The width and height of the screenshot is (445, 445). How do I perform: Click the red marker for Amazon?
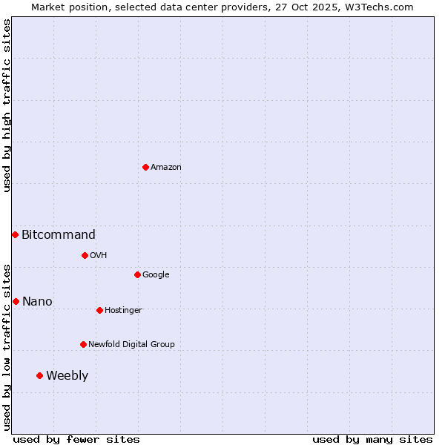[x=145, y=167]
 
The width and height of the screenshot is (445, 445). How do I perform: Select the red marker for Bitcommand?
[x=15, y=234]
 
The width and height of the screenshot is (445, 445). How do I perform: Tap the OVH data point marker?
[x=85, y=255]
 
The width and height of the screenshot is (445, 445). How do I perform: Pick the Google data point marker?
[x=137, y=274]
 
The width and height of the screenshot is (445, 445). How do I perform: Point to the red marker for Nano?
[x=16, y=301]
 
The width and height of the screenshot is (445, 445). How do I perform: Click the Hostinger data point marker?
[x=99, y=310]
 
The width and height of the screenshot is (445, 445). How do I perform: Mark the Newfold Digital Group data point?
[x=83, y=344]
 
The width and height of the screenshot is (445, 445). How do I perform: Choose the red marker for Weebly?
[x=39, y=375]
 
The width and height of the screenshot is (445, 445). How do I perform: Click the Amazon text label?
[x=166, y=168]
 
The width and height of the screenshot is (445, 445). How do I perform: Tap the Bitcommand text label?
[x=59, y=235]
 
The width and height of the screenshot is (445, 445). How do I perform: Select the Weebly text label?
[x=67, y=376]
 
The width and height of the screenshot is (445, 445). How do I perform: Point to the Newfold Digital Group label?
[x=131, y=344]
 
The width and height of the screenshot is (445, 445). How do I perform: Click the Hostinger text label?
[x=123, y=310]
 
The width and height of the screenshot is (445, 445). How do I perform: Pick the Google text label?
[x=156, y=275]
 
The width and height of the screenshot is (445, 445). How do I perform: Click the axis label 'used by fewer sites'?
[x=76, y=439]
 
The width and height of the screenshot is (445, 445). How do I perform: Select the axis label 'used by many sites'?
[x=372, y=439]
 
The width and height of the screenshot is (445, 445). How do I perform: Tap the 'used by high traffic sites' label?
[x=7, y=105]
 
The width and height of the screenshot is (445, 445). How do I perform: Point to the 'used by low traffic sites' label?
[x=7, y=346]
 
